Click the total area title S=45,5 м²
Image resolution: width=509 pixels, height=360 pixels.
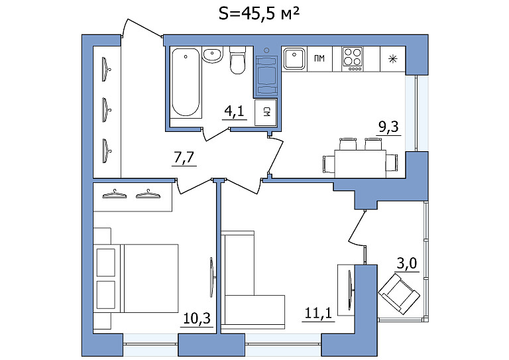click(258, 15)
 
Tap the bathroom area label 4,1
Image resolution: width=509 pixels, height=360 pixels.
click(234, 111)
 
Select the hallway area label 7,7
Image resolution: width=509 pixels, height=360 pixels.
click(184, 157)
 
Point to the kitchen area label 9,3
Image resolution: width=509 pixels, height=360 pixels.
click(388, 127)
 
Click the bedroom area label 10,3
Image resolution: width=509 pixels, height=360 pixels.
click(197, 318)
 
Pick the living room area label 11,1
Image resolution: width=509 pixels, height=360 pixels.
click(318, 313)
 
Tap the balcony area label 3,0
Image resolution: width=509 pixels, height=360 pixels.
click(407, 264)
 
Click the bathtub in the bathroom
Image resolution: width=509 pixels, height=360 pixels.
click(186, 82)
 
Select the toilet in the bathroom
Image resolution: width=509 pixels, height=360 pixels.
click(238, 60)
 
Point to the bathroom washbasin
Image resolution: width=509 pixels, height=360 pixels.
click(213, 54)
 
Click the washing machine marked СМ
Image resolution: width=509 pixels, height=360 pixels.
click(266, 112)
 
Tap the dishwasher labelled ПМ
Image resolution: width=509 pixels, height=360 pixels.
click(319, 59)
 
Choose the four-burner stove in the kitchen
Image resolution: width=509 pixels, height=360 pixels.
click(352, 59)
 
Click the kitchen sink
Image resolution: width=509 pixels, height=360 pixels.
click(294, 59)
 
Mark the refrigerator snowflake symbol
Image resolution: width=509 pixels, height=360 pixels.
click(393, 59)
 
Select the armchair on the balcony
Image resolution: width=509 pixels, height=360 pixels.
click(399, 294)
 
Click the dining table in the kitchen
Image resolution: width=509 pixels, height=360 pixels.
click(361, 164)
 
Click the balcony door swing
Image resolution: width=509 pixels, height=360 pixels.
click(357, 229)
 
